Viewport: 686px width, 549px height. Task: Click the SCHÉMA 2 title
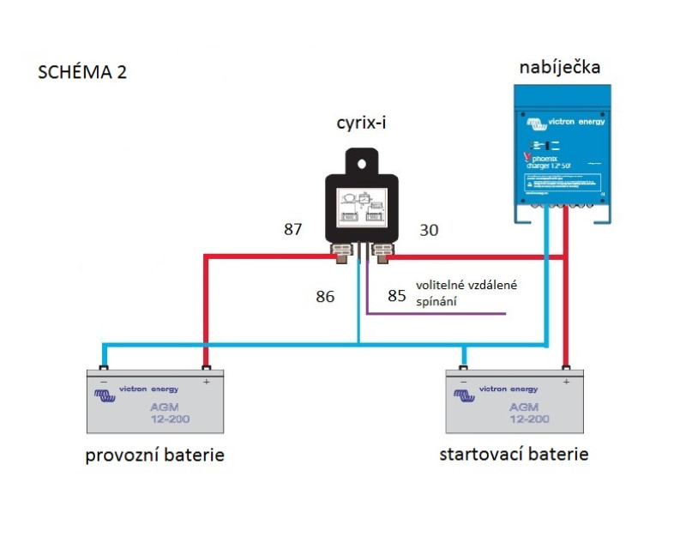coord(82,72)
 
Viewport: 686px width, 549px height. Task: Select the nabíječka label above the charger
coord(560,68)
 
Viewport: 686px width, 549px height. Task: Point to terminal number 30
coord(429,230)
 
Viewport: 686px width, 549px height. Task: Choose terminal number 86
coord(324,297)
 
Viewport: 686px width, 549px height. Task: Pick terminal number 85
coord(396,296)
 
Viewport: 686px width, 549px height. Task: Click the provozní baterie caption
coord(154,455)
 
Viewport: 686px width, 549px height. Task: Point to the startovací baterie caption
coord(514,454)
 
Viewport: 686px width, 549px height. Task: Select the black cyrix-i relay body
coord(361,206)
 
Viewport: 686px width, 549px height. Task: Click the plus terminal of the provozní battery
coord(206,371)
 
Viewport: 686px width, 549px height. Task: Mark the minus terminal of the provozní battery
coord(104,371)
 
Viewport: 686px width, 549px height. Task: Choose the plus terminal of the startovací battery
coord(566,371)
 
